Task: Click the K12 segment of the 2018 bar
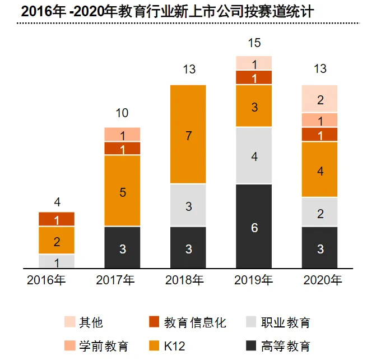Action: click(x=188, y=135)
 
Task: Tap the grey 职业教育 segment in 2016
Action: click(x=57, y=261)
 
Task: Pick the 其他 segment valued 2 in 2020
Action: click(x=320, y=99)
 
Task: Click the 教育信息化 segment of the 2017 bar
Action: click(x=122, y=149)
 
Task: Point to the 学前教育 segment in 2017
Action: click(x=122, y=135)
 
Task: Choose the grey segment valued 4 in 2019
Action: click(x=254, y=156)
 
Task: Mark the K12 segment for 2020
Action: click(x=320, y=170)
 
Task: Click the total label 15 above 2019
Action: click(x=254, y=43)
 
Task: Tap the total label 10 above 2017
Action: click(x=122, y=113)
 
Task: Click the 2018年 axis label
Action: click(x=188, y=280)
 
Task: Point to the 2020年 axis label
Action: click(x=320, y=280)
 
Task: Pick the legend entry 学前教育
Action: click(x=103, y=346)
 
